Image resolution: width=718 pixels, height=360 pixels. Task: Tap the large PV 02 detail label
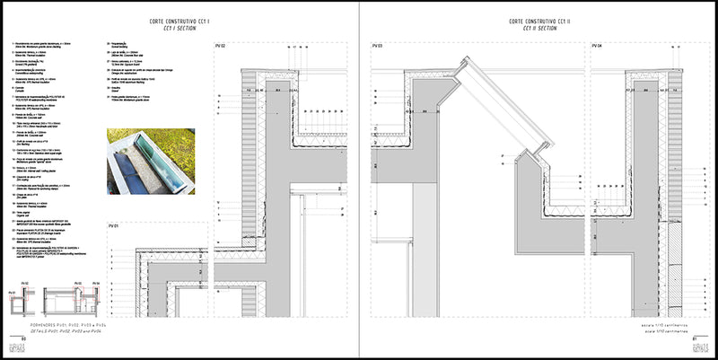point(221,45)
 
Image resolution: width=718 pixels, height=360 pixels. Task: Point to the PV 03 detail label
point(377,45)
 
